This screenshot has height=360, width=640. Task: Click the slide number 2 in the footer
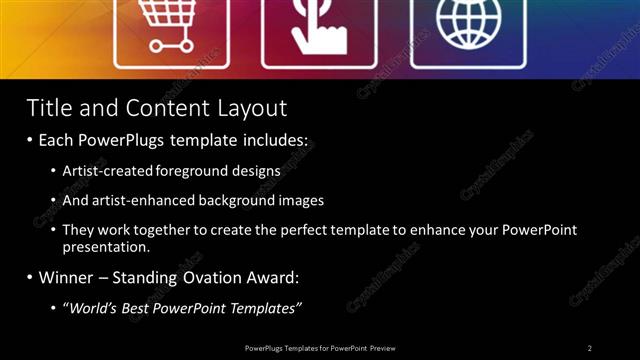coord(590,348)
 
